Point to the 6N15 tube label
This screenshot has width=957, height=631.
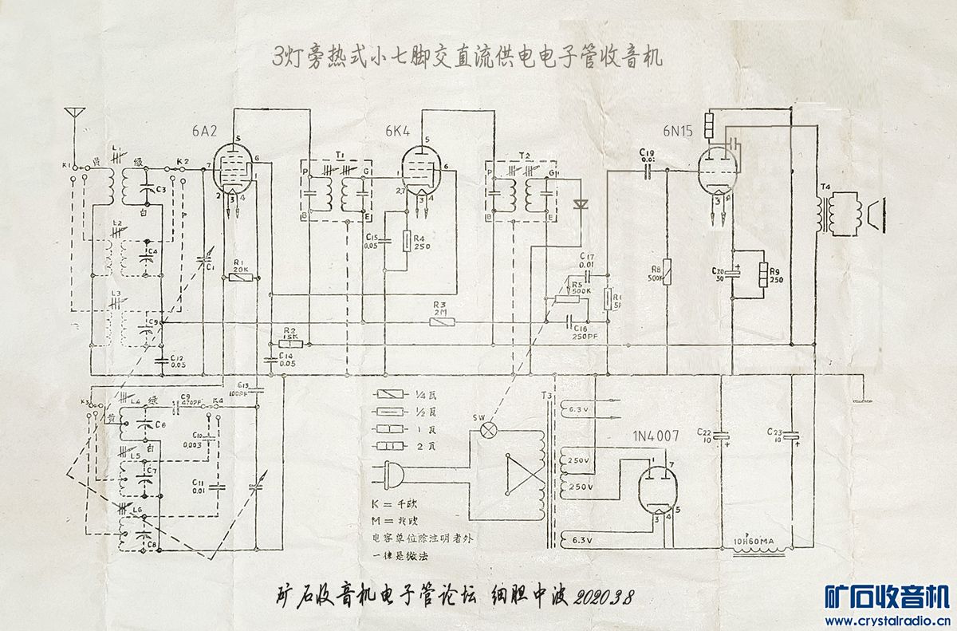click(x=676, y=131)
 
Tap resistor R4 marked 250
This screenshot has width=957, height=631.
click(x=408, y=240)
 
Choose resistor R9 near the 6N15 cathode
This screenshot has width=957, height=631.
click(x=763, y=274)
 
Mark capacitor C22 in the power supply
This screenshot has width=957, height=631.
click(x=721, y=436)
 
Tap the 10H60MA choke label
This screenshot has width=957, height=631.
click(x=754, y=542)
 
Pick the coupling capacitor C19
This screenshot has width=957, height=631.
click(x=648, y=169)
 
